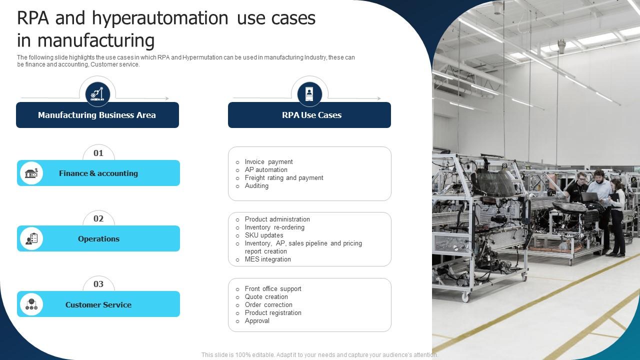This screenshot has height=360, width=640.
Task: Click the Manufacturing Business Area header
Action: click(97, 115)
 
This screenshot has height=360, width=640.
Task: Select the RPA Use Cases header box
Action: click(309, 115)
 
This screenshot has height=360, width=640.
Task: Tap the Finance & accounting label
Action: click(98, 173)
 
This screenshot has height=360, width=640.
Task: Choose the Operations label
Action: click(98, 238)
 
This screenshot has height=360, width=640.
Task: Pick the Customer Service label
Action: click(98, 304)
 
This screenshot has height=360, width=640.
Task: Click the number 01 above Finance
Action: click(98, 153)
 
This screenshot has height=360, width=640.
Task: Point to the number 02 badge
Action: click(98, 218)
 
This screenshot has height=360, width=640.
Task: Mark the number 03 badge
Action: click(98, 284)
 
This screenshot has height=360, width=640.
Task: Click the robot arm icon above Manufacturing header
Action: click(97, 94)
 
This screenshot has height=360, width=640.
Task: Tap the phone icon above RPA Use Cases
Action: click(309, 94)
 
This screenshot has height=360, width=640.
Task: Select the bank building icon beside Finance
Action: click(31, 173)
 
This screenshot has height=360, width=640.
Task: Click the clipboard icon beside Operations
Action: click(31, 238)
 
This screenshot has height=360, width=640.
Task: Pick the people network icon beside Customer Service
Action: click(31, 304)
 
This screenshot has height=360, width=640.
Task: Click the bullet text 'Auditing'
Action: click(256, 185)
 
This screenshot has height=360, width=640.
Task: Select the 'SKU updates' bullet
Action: click(264, 235)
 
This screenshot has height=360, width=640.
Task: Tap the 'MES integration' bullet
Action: click(267, 259)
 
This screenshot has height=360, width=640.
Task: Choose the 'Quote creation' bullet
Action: click(266, 296)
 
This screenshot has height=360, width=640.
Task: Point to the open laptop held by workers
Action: click(589, 197)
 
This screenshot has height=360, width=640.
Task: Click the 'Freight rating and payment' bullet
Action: click(284, 177)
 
